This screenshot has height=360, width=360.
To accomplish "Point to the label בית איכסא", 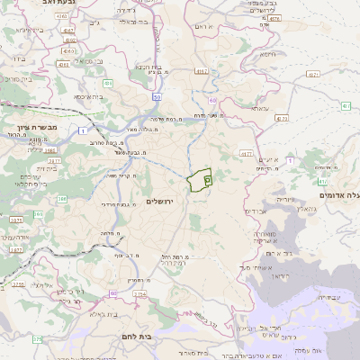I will pos(87,96).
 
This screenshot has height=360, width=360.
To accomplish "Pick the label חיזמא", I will pos(268,55).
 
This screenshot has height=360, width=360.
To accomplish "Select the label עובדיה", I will pos(332,298).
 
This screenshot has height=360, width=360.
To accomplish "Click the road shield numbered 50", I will pos(157,96).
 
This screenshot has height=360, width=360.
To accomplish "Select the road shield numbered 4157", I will pos(201,71).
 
